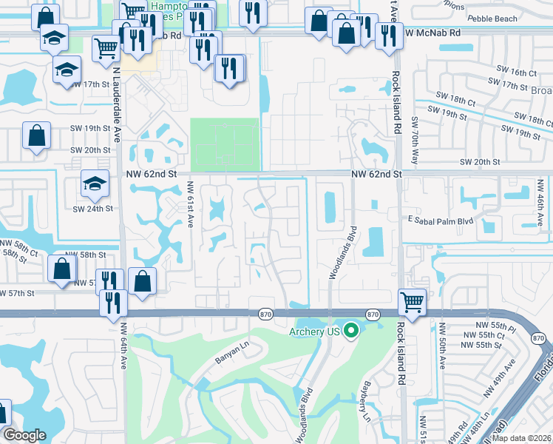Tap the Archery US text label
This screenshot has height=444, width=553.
tap(313, 332)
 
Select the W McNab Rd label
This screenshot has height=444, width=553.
tap(432, 33)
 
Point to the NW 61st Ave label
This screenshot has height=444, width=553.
tap(190, 204)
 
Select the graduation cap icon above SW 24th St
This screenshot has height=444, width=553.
tap(95, 185)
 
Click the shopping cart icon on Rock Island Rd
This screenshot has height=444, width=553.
tap(413, 302)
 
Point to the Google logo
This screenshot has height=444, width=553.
tap(24, 435)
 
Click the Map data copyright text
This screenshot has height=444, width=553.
tap(521, 437)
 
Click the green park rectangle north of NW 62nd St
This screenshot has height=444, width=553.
tap(225, 144)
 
